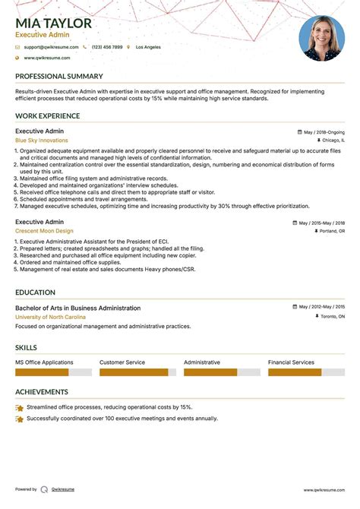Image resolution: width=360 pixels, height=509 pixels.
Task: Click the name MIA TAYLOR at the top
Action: point(53,24)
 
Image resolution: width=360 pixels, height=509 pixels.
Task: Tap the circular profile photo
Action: point(322,39)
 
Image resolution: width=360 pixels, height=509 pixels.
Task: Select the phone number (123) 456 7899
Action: point(107,47)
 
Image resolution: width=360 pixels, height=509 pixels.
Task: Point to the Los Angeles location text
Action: point(148,47)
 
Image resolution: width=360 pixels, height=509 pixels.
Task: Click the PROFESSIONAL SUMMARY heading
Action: point(58,77)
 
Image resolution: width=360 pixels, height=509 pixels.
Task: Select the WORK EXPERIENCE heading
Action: point(47,116)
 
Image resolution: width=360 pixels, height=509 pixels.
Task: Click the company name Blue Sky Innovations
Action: point(41,141)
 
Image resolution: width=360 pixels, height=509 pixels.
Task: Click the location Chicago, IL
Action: point(333,141)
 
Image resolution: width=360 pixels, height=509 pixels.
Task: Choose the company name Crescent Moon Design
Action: point(44,231)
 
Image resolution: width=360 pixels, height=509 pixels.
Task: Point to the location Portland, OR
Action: point(332,231)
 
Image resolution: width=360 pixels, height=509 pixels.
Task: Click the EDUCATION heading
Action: point(35,292)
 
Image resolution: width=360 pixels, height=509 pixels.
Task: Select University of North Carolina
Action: point(50,317)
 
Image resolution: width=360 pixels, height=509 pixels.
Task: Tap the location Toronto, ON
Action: point(332,317)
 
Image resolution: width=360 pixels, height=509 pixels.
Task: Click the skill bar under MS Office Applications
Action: point(53,372)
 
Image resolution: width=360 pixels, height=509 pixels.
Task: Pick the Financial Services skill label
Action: point(291,362)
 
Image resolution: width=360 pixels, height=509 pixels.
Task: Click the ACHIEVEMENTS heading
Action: point(42,392)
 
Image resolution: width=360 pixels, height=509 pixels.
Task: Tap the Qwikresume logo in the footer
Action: point(45,489)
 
